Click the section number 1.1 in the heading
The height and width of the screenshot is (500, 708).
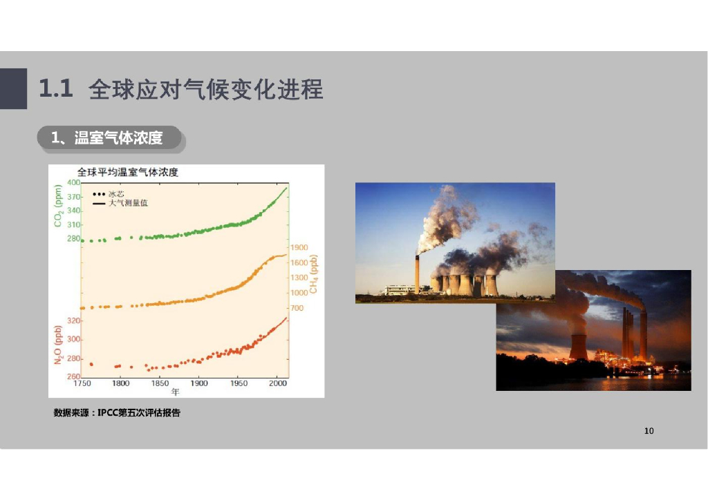(55, 89)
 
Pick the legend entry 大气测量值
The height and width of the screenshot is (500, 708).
(128, 203)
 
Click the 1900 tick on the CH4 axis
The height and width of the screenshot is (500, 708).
(299, 247)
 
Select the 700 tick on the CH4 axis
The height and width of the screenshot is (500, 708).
(297, 308)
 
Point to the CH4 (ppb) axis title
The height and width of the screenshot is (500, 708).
(313, 274)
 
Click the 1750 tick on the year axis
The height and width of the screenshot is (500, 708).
(82, 383)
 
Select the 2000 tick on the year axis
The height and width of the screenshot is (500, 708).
(278, 383)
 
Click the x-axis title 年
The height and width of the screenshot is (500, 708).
(176, 392)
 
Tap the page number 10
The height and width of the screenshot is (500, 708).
(649, 431)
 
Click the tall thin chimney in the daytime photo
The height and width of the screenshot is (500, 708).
(417, 274)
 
